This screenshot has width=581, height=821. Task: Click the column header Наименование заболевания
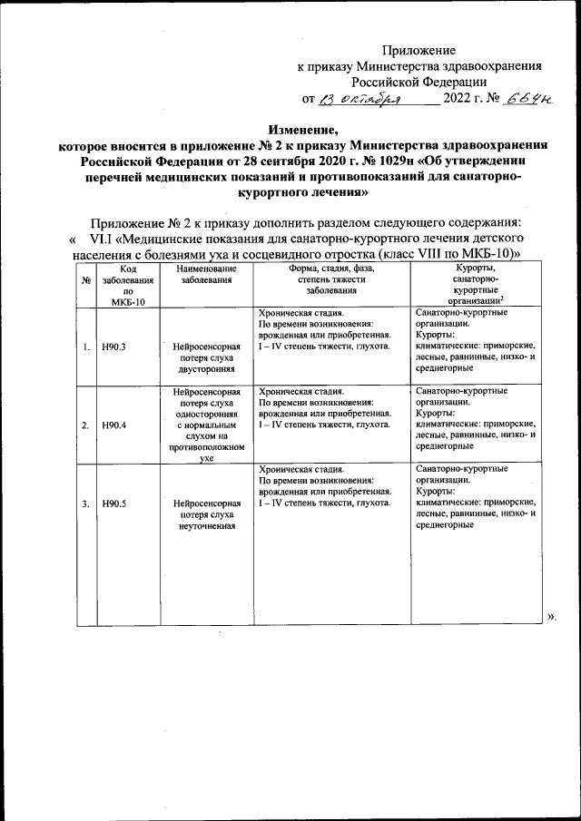coord(207,275)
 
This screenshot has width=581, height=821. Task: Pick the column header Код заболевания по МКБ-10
coord(128,285)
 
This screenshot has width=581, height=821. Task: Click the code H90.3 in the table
coord(113,347)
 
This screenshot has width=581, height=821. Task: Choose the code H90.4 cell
coord(113,425)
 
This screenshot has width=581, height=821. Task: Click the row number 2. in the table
coord(85,425)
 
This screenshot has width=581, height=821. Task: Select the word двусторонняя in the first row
coord(207,370)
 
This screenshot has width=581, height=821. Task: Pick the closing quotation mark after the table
coord(551,617)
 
